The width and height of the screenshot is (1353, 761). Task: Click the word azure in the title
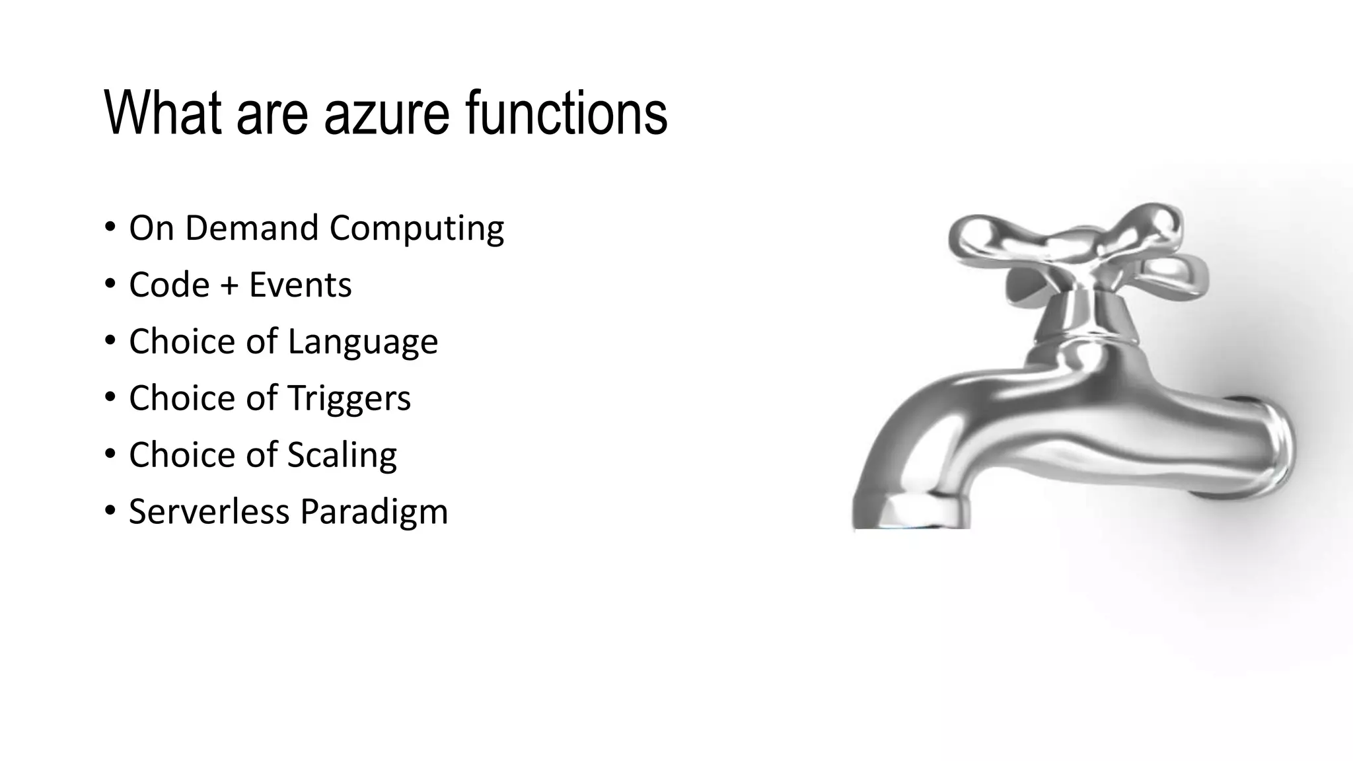tap(386, 114)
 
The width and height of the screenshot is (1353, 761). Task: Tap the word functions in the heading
tap(566, 114)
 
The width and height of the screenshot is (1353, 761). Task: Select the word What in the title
tap(163, 114)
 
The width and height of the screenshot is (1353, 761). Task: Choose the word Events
tap(300, 285)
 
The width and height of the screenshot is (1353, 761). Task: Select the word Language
tap(363, 342)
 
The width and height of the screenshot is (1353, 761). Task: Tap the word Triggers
tap(349, 399)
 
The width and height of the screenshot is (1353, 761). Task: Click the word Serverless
tap(209, 511)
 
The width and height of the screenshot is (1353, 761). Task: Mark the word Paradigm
tap(374, 513)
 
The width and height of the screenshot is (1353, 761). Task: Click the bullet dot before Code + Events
tap(110, 285)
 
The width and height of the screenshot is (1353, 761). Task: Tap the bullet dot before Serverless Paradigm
tap(110, 511)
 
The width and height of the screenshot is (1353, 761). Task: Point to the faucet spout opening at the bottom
tap(912, 519)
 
